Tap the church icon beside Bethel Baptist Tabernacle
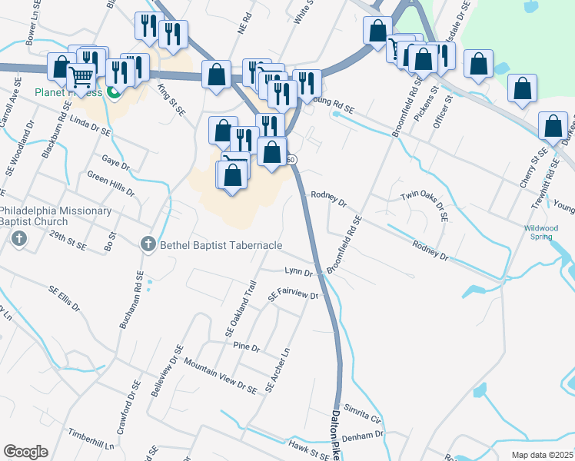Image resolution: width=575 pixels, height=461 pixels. (x=148, y=244)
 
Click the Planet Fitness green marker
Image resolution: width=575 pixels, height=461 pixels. (x=115, y=94)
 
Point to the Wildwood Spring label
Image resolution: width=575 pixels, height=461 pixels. (x=541, y=232)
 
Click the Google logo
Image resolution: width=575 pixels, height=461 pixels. (x=25, y=452)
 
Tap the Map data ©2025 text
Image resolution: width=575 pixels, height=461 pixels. (x=543, y=455)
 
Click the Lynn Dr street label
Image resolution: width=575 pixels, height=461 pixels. (x=298, y=272)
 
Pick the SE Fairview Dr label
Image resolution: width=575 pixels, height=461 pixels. (x=293, y=295)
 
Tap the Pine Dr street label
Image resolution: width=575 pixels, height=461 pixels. (x=248, y=347)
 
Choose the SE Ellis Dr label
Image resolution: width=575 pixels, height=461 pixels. (x=65, y=299)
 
